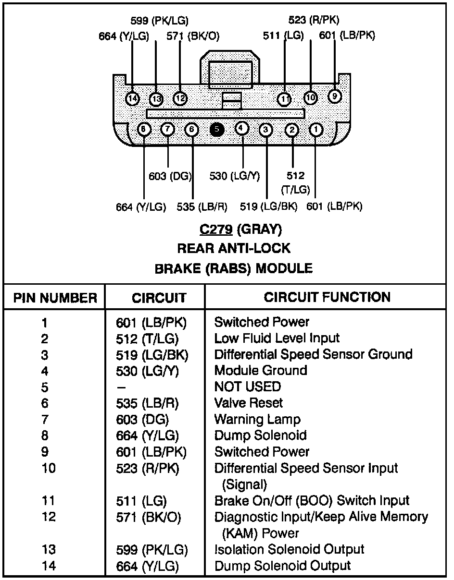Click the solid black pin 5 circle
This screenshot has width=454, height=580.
point(217,130)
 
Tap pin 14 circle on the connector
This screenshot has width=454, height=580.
point(132,99)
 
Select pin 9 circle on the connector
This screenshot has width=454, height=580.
point(335,96)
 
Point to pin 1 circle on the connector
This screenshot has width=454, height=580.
point(316,130)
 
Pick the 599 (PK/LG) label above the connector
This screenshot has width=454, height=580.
point(159,21)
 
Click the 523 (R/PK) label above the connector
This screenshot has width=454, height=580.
point(314,20)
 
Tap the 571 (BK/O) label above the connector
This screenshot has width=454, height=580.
point(193,36)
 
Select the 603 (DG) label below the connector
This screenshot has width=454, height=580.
point(170,176)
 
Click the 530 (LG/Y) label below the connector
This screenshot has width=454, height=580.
point(235,176)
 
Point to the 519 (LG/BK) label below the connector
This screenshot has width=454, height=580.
point(268,206)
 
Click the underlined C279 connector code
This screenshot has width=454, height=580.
point(216,230)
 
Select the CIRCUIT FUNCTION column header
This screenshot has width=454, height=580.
point(327,297)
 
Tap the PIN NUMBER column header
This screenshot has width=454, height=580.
point(55,298)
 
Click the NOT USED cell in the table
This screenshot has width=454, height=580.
point(248,387)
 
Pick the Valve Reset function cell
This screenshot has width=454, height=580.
point(248,403)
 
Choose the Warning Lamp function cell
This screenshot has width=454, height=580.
point(257,419)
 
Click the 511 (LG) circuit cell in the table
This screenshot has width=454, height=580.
point(141,501)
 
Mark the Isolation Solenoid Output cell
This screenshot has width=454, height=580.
point(290,549)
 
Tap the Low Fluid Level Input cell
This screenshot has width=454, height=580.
point(277,338)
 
